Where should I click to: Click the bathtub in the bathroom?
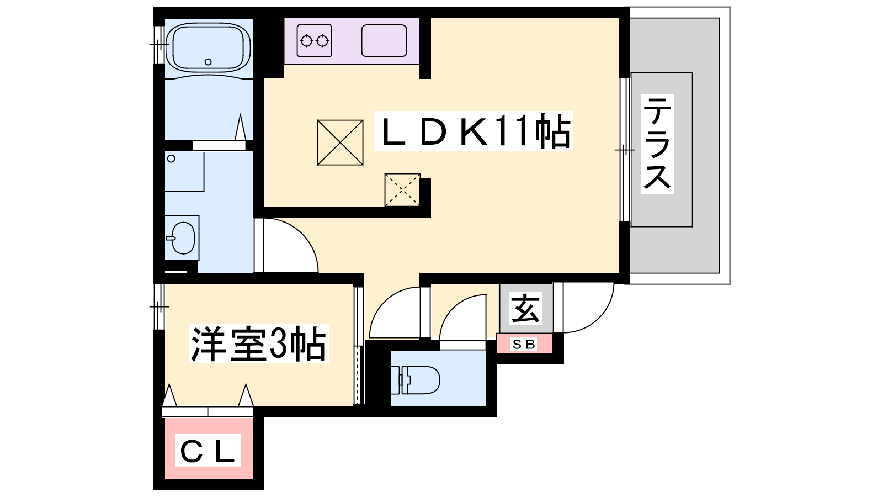208,46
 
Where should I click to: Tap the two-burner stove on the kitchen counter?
314,40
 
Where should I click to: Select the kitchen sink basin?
384,40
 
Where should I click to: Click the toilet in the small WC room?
415,380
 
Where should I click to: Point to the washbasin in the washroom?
182,237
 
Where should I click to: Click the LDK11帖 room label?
474,131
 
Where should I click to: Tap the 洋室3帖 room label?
258,343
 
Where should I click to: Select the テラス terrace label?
657,144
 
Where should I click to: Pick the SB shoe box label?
524,344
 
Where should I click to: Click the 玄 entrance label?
525,309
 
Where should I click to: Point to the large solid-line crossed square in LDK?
340,142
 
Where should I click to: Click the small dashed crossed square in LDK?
402,190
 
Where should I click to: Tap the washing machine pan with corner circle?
184,171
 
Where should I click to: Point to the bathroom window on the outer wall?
158,44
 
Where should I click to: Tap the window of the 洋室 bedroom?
158,306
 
